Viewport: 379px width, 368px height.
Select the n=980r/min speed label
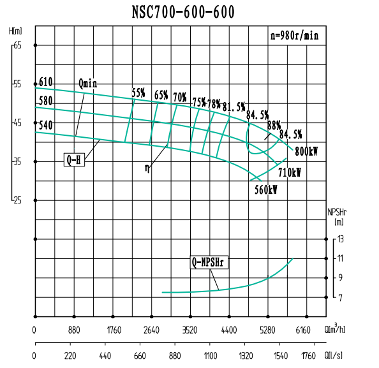point(294,36)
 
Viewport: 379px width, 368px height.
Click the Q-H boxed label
point(74,159)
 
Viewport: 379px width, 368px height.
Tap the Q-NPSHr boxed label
point(210,261)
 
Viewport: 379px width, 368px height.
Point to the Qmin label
point(89,84)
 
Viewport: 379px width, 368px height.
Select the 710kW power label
point(289,172)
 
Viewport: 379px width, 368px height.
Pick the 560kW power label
point(266,189)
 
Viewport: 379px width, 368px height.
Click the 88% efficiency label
point(274,125)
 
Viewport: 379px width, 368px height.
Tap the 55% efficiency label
point(138,93)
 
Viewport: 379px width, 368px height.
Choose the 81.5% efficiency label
point(234,106)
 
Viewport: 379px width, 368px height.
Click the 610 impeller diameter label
point(45,82)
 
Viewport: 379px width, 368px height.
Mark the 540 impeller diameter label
point(45,125)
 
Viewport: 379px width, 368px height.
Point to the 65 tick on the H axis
point(17,45)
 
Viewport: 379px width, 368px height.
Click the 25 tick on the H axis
point(17,200)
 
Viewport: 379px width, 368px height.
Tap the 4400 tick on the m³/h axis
point(228,330)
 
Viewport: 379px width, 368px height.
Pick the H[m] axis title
point(16,31)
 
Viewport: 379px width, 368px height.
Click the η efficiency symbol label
point(147,168)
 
